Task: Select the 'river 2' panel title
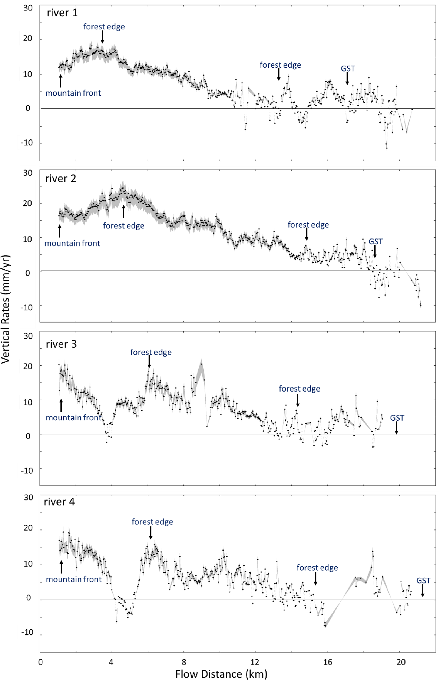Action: [61, 179]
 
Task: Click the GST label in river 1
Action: [348, 69]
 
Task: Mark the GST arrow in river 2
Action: [375, 252]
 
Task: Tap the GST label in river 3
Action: [397, 418]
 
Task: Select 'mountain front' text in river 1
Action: [73, 93]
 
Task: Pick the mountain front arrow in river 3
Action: [61, 406]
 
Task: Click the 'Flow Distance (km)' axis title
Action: [221, 674]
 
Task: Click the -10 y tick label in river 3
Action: [27, 470]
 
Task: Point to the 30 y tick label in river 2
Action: [28, 173]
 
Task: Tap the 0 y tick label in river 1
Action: [28, 108]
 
